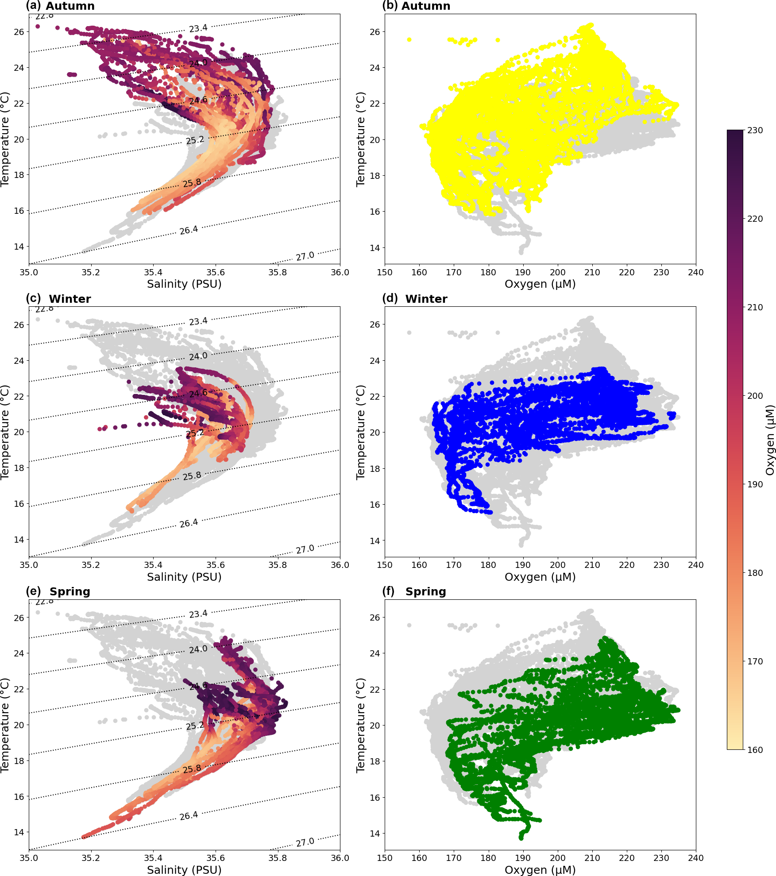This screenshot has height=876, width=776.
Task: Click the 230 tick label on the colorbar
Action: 755,130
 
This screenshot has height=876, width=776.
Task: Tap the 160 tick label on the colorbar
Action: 755,749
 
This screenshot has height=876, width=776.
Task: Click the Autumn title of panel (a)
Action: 70,6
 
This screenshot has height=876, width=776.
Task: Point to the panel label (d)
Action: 390,298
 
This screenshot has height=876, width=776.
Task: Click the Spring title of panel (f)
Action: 425,591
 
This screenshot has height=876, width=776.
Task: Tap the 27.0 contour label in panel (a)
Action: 305,256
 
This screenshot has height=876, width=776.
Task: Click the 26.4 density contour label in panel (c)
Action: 189,523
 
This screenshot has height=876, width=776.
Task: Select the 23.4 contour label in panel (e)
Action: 198,614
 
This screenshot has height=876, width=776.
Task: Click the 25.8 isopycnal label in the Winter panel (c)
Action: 192,476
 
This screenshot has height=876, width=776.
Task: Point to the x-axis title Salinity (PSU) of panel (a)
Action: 184,284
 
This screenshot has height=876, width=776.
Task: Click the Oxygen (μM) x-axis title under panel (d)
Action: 540,577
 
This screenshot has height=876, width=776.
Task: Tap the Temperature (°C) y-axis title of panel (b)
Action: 360,139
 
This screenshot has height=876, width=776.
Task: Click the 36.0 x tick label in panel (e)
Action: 340,858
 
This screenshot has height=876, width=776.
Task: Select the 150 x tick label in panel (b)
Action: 385,272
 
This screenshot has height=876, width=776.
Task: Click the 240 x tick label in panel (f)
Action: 695,858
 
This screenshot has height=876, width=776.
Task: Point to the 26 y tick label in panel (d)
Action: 374,324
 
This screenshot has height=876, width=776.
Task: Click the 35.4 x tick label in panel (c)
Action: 153,565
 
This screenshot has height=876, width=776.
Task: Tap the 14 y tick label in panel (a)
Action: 19,247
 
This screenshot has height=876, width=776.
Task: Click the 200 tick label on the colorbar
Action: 755,396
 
